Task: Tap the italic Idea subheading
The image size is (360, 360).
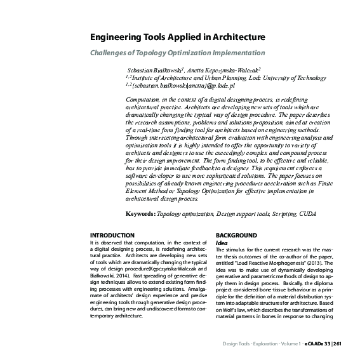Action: pyautogui.click(x=222, y=243)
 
